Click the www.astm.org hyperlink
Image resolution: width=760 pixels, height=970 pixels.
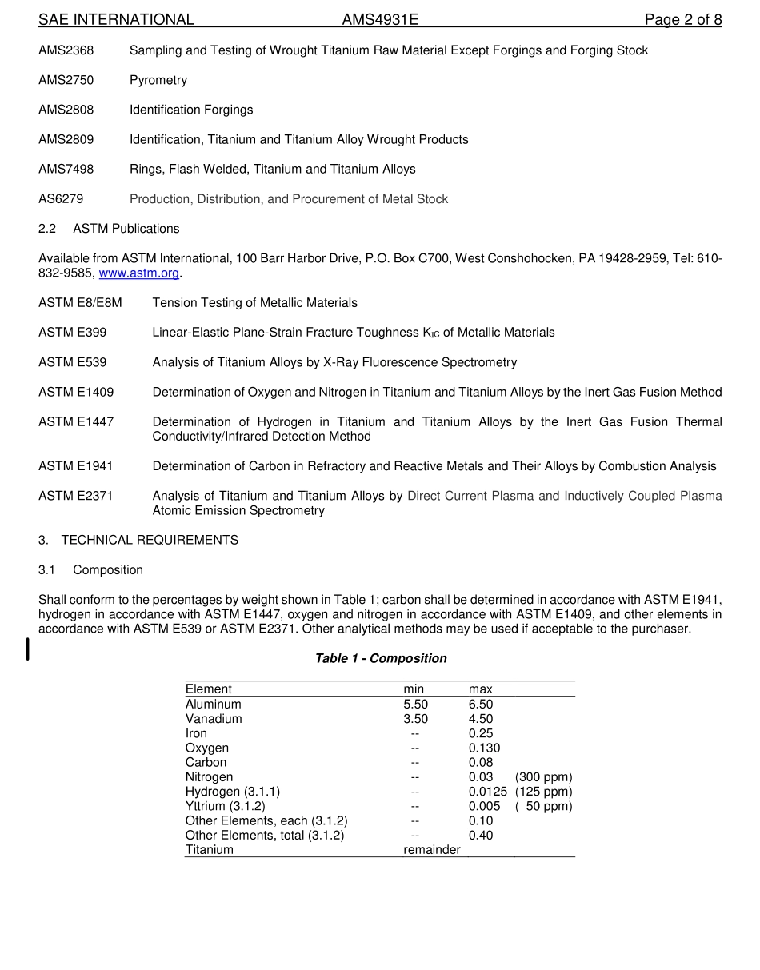[139, 273]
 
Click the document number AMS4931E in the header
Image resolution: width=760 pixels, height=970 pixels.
[380, 20]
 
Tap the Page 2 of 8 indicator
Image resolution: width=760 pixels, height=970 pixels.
[683, 20]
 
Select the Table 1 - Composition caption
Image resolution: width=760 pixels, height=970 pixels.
[381, 658]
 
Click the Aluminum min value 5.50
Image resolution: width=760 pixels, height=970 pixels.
[415, 705]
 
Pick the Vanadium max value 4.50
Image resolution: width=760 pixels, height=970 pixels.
[481, 719]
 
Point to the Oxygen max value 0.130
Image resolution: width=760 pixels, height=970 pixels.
[484, 748]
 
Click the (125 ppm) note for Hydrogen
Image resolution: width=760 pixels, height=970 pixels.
[543, 792]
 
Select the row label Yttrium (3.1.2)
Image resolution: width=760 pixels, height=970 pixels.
[225, 806]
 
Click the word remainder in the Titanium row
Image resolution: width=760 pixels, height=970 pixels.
[431, 850]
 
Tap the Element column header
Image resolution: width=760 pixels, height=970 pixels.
[208, 689]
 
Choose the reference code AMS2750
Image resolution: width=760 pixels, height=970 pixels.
[66, 80]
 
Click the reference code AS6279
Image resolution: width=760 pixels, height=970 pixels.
[61, 199]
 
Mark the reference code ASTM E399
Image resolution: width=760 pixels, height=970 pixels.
[72, 333]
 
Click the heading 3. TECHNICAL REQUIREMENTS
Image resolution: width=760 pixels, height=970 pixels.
[138, 541]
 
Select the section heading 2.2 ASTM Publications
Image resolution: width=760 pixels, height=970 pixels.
[109, 229]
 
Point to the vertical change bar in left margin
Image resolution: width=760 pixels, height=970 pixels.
[28, 649]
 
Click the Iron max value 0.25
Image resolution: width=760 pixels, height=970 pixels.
[481, 733]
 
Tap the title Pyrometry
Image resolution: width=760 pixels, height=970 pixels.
[158, 80]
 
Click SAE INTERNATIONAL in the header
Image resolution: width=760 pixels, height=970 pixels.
[116, 20]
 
